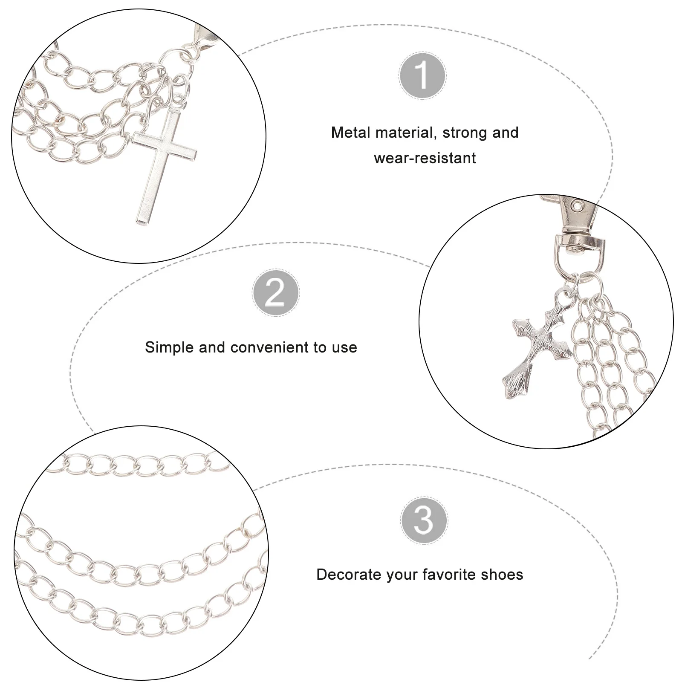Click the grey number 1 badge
(422, 75)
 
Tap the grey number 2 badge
(275, 293)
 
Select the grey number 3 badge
(424, 520)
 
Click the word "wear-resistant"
(425, 158)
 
